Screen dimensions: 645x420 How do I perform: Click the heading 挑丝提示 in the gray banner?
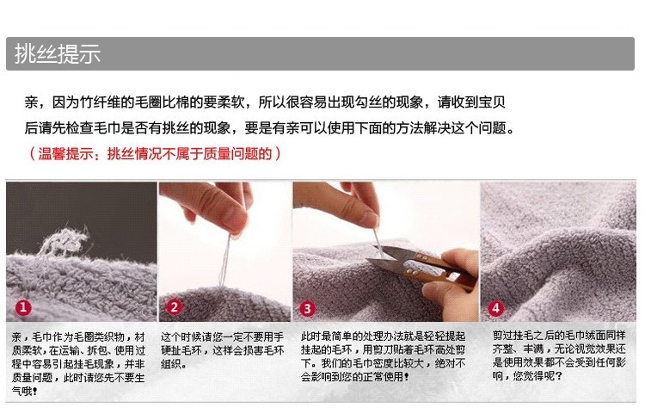coord(58,54)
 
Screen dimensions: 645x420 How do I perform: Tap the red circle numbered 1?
coord(23,307)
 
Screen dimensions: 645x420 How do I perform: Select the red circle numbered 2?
coord(174,307)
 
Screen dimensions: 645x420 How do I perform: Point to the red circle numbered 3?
coord(307,308)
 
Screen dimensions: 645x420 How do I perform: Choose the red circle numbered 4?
coord(495,308)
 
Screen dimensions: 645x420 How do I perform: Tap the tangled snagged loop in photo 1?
coord(64,241)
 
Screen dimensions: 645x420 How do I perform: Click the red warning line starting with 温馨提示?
coord(155,154)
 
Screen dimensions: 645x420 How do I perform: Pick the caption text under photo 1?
coord(78,364)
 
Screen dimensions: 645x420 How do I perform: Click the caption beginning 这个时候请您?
coord(222,350)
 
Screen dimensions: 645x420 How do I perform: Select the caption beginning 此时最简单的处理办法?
coord(383,356)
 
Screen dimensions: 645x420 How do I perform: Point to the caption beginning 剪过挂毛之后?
coord(559,355)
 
